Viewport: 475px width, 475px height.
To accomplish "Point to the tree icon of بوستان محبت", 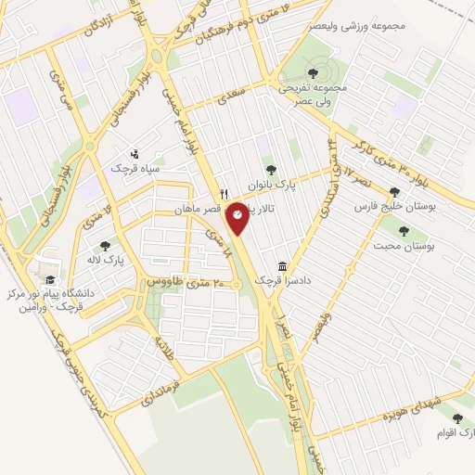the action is coord(403,231).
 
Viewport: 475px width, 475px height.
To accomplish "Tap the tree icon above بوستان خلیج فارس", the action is coord(394,192).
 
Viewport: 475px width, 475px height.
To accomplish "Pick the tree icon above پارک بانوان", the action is coord(270,169).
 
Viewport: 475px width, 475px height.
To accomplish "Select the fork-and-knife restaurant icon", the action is coord(223,195).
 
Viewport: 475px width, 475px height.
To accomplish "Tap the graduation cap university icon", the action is coord(49,279).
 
